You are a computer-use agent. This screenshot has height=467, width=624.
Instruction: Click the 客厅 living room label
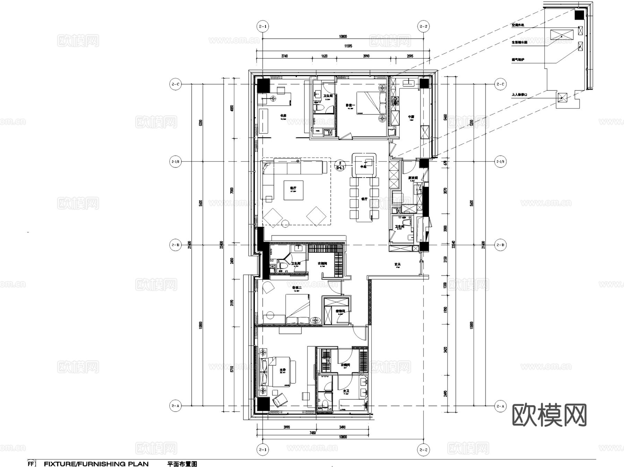pyautogui.click(x=293, y=188)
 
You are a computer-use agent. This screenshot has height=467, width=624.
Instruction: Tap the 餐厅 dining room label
pyautogui.click(x=364, y=199)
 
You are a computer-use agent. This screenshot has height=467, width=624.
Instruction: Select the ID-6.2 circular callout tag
pyautogui.click(x=340, y=166)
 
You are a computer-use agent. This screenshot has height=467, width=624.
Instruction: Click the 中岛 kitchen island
pyautogui.click(x=364, y=166)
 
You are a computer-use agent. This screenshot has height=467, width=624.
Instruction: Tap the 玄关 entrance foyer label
pyautogui.click(x=397, y=264)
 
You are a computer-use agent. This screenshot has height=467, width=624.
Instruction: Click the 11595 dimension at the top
pyautogui.click(x=348, y=46)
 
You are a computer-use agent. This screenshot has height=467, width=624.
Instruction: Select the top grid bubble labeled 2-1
pyautogui.click(x=262, y=26)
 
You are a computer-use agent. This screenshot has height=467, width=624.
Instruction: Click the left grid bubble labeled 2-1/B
pyautogui.click(x=176, y=162)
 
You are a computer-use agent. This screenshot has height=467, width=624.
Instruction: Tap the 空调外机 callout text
pyautogui.click(x=518, y=25)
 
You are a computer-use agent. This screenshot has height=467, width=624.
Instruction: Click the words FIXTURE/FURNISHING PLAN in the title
pyautogui.click(x=96, y=464)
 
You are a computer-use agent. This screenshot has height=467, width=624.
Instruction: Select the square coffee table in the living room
pyautogui.click(x=293, y=190)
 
